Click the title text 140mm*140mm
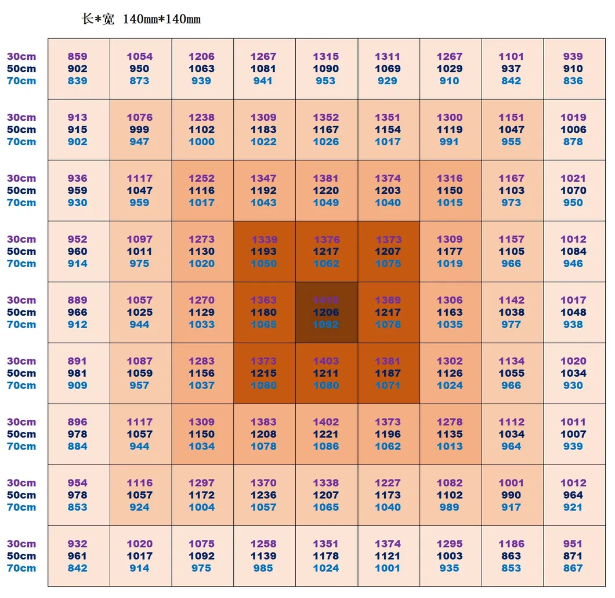(162, 19)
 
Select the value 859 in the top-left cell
(77, 56)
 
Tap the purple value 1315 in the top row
(325, 56)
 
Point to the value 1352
(325, 117)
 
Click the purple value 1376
(325, 239)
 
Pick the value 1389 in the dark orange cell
(388, 300)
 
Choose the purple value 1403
(325, 361)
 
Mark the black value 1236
(263, 495)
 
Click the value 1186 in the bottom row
(511, 544)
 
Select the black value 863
(511, 556)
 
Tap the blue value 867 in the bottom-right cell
(573, 568)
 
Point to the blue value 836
(573, 81)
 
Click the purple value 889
(77, 300)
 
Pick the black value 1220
(325, 190)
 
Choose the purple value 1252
(201, 178)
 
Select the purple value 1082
(450, 483)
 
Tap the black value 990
(511, 495)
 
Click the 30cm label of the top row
(21, 56)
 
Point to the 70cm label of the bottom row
(21, 568)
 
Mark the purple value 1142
(511, 300)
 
